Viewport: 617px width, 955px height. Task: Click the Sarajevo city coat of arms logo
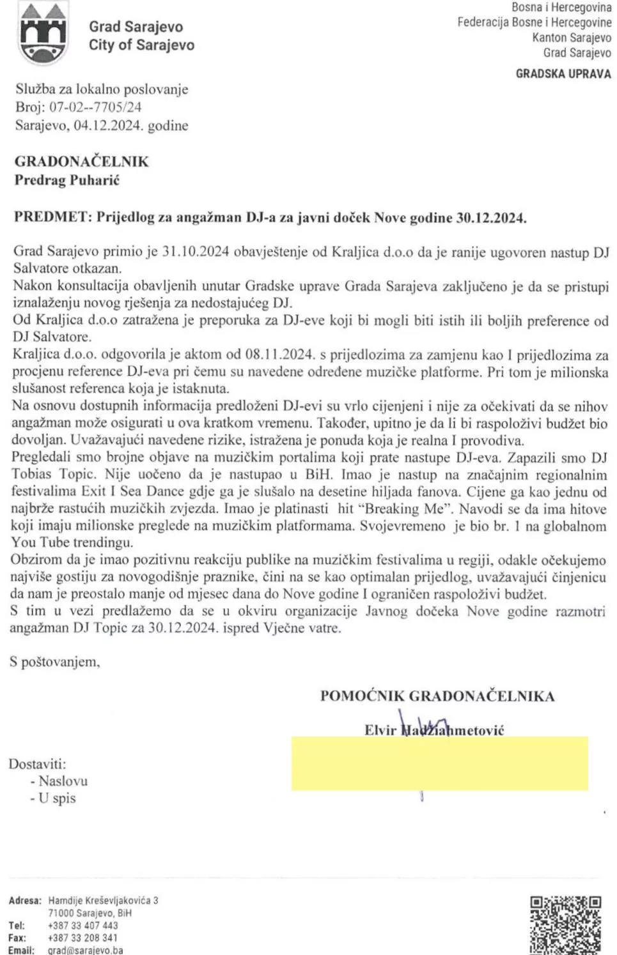pos(43,34)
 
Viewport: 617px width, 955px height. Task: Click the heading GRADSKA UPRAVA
pos(563,73)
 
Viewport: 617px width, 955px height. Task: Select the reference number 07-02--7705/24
pos(95,107)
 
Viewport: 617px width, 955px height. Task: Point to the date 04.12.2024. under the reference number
pos(108,125)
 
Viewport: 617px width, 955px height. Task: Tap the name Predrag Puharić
pos(67,180)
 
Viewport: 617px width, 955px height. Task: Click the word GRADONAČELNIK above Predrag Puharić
pos(81,162)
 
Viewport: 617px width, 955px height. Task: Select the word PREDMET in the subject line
pos(52,217)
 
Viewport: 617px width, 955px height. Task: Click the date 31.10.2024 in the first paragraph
pos(195,252)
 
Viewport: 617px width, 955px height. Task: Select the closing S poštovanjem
pos(54,662)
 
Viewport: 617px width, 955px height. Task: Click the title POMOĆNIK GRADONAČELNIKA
pos(437,696)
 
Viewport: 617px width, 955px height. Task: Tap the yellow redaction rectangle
pos(440,764)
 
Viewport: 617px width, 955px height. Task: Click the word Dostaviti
pos(37,763)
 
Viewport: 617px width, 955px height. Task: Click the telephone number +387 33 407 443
pos(82,926)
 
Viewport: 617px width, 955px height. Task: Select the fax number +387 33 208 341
pos(82,938)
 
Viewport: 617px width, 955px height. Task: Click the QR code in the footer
pos(566,925)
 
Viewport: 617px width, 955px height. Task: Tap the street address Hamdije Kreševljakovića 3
pos(103,901)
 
